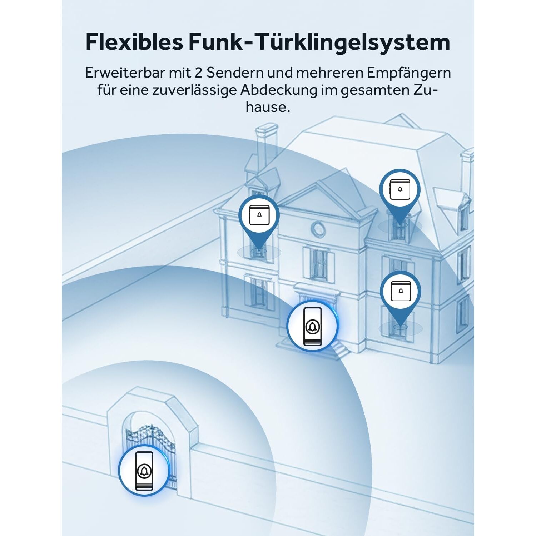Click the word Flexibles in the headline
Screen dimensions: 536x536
pyautogui.click(x=134, y=42)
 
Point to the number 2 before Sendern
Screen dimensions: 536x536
pyautogui.click(x=199, y=73)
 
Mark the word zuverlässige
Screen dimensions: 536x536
pyautogui.click(x=194, y=90)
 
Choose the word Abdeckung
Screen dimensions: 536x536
pyautogui.click(x=279, y=90)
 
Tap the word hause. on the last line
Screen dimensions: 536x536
pyautogui.click(x=268, y=107)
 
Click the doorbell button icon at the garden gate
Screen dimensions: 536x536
pyautogui.click(x=144, y=471)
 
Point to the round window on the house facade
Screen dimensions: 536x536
pyautogui.click(x=318, y=229)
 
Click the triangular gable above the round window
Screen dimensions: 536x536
pyautogui.click(x=318, y=200)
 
